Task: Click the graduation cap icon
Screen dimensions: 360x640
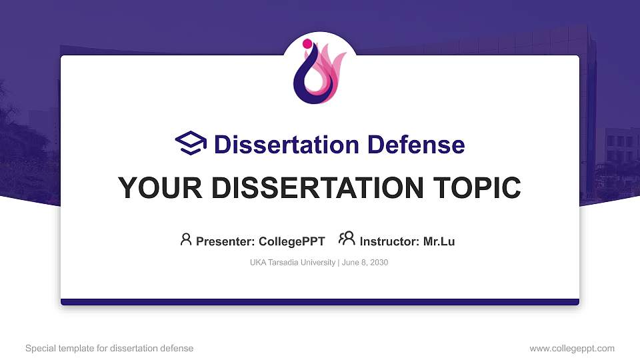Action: point(191,143)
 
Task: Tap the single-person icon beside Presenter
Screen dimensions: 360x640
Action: point(186,239)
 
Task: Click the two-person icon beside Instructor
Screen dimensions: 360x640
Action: point(347,239)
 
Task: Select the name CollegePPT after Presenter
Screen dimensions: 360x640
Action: point(292,241)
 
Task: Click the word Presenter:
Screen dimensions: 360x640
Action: point(225,241)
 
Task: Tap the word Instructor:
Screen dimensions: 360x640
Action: point(390,241)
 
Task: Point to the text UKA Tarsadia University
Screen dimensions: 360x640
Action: point(293,263)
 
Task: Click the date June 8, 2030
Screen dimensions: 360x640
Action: point(365,263)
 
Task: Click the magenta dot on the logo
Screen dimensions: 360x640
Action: point(307,44)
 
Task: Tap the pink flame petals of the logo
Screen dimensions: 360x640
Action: point(331,67)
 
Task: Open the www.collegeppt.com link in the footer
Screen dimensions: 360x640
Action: point(572,348)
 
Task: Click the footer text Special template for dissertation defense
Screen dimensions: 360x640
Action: point(109,348)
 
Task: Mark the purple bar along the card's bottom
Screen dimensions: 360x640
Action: point(320,302)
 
